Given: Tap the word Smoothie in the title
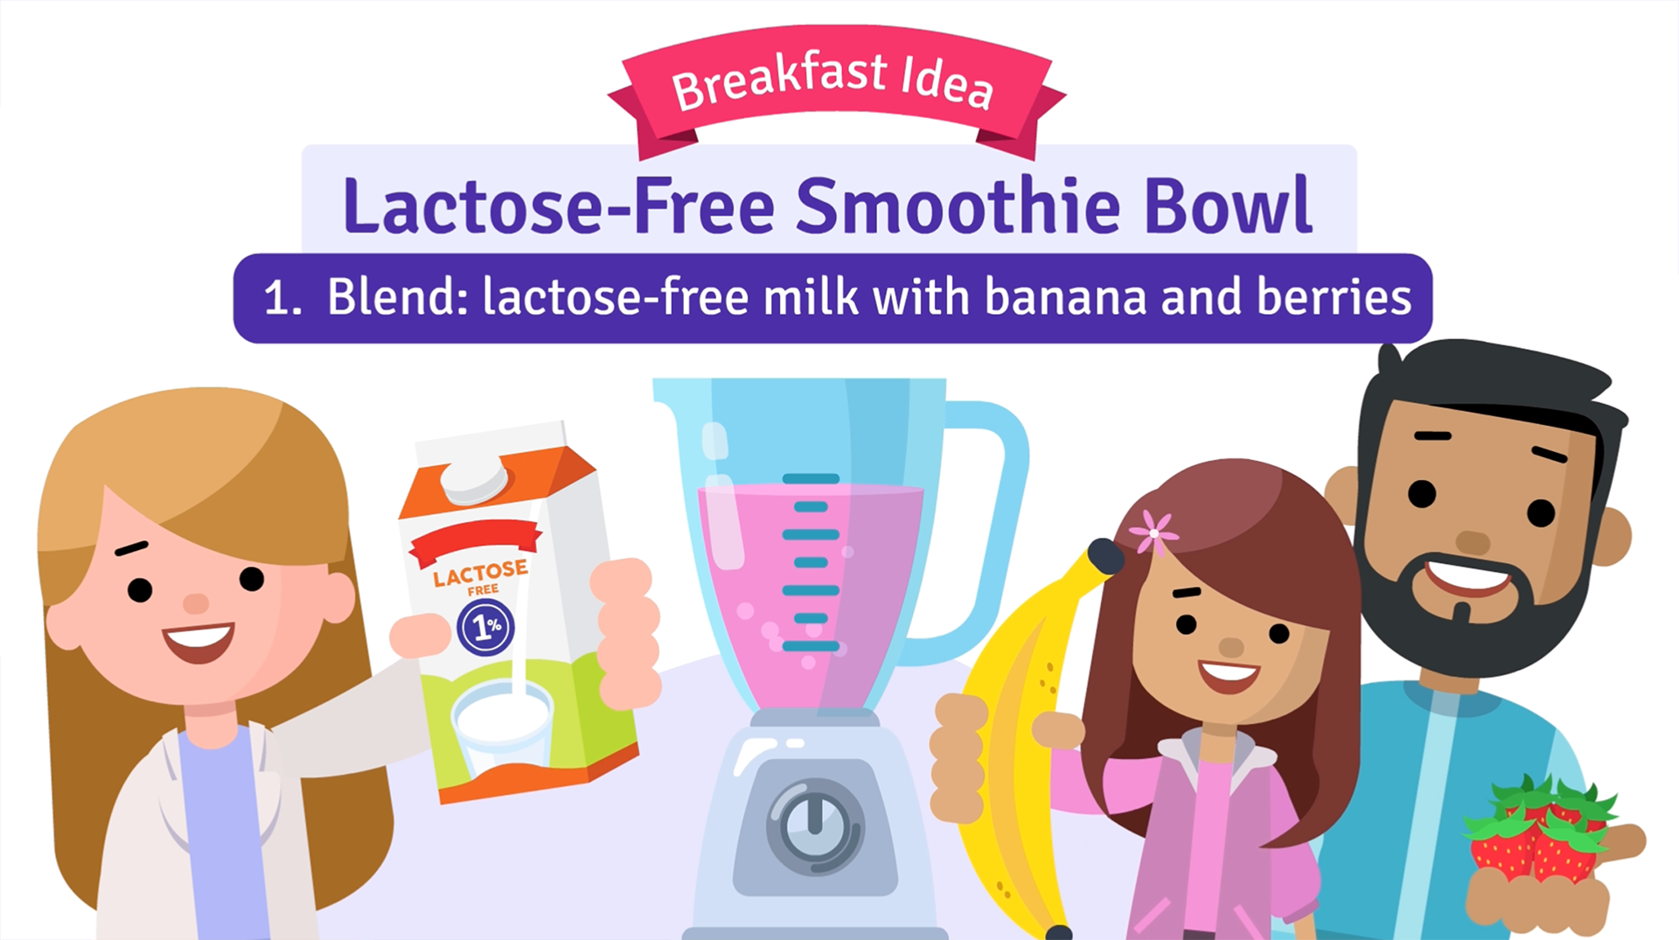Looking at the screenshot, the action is (958, 205).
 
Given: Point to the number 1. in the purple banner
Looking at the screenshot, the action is (282, 298).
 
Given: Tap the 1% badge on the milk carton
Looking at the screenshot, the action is (486, 626).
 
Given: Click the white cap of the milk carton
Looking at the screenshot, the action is (474, 478).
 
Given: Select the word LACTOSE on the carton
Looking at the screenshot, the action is (481, 572).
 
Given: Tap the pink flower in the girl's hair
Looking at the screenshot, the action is (1153, 532).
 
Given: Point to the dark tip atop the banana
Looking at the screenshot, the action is (1105, 556).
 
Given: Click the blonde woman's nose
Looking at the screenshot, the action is (196, 602).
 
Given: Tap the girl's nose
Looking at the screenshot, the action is (1231, 647).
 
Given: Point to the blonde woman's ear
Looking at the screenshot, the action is (339, 598).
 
